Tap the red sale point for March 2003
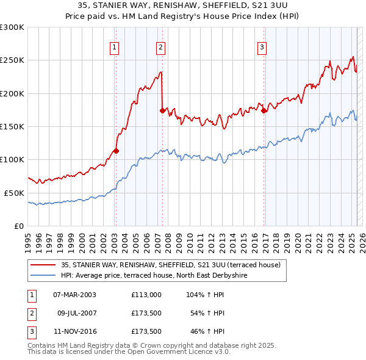click(116, 151)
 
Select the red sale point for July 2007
click(162, 110)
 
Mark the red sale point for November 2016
click(264, 110)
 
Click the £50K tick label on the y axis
click(14, 193)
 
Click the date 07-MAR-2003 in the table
click(74, 294)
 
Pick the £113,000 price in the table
click(146, 294)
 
